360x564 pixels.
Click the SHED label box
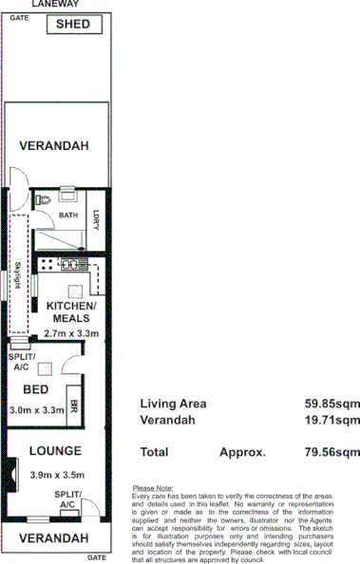[x=75, y=24]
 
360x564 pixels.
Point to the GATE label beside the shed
[x=18, y=18]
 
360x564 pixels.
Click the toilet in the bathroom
[x=42, y=200]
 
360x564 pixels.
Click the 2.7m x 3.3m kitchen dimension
[x=70, y=334]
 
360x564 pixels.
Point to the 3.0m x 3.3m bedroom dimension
[x=36, y=410]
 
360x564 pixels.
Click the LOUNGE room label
[x=54, y=451]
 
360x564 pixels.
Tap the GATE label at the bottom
[x=96, y=557]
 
